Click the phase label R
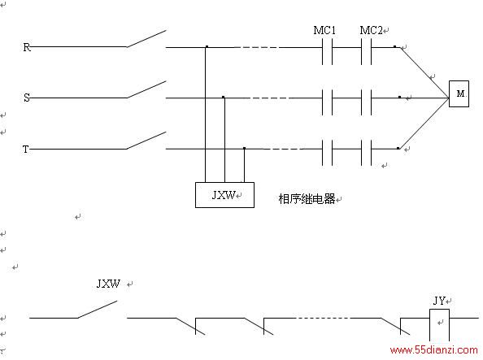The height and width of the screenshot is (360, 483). [x=27, y=47]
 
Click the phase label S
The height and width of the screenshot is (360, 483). [x=27, y=98]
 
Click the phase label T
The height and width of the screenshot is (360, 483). [x=26, y=149]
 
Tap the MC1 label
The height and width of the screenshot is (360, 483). [x=324, y=30]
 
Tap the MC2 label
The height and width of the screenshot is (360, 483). [x=371, y=30]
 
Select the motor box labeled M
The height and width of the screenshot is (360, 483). [x=459, y=93]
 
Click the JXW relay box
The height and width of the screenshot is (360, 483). [x=224, y=195]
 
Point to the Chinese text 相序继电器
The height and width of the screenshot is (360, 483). [x=307, y=199]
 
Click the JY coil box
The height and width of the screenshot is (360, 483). [x=439, y=325]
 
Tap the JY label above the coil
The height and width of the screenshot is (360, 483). [x=439, y=301]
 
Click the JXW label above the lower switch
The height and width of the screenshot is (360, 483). [x=108, y=284]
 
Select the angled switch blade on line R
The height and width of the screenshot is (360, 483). [x=146, y=38]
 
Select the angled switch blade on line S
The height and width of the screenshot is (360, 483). [x=146, y=89]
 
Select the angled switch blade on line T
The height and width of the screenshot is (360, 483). [x=146, y=141]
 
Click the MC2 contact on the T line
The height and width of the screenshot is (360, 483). [x=366, y=153]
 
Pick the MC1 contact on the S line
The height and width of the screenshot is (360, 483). [x=327, y=102]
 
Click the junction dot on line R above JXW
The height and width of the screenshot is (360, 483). [x=207, y=47]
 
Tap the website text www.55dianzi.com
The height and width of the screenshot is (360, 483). [x=433, y=350]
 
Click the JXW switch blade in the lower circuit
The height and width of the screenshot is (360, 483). [x=98, y=309]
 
